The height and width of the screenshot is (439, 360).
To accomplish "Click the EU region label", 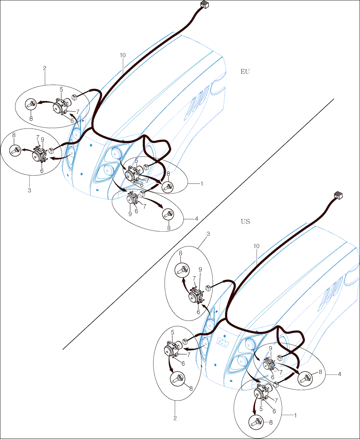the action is click(x=245, y=72).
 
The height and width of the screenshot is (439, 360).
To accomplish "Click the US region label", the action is click(x=245, y=221).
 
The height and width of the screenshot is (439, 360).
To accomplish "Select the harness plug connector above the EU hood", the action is click(x=204, y=5).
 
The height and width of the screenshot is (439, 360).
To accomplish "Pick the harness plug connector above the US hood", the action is click(x=338, y=195).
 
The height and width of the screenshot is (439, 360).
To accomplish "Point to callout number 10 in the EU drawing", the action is click(x=123, y=55).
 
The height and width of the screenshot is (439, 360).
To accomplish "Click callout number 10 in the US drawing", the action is click(x=257, y=246).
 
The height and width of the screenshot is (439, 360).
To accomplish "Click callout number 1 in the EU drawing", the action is click(x=201, y=184).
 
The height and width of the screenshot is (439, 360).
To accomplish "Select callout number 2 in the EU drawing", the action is click(x=45, y=68).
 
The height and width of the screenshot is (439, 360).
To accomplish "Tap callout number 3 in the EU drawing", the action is click(x=29, y=190).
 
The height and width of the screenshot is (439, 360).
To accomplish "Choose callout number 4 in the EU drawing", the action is click(x=196, y=219).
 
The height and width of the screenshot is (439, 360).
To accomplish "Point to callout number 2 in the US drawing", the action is click(x=175, y=418).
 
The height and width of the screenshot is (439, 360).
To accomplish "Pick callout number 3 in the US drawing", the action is click(x=208, y=234).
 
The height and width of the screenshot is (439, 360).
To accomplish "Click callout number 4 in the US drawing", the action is click(x=339, y=374).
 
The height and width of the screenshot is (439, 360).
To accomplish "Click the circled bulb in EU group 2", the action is click(x=31, y=104).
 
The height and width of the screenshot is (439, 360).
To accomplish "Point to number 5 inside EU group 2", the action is click(x=61, y=89).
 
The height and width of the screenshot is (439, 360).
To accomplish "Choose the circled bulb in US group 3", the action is click(x=181, y=270).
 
